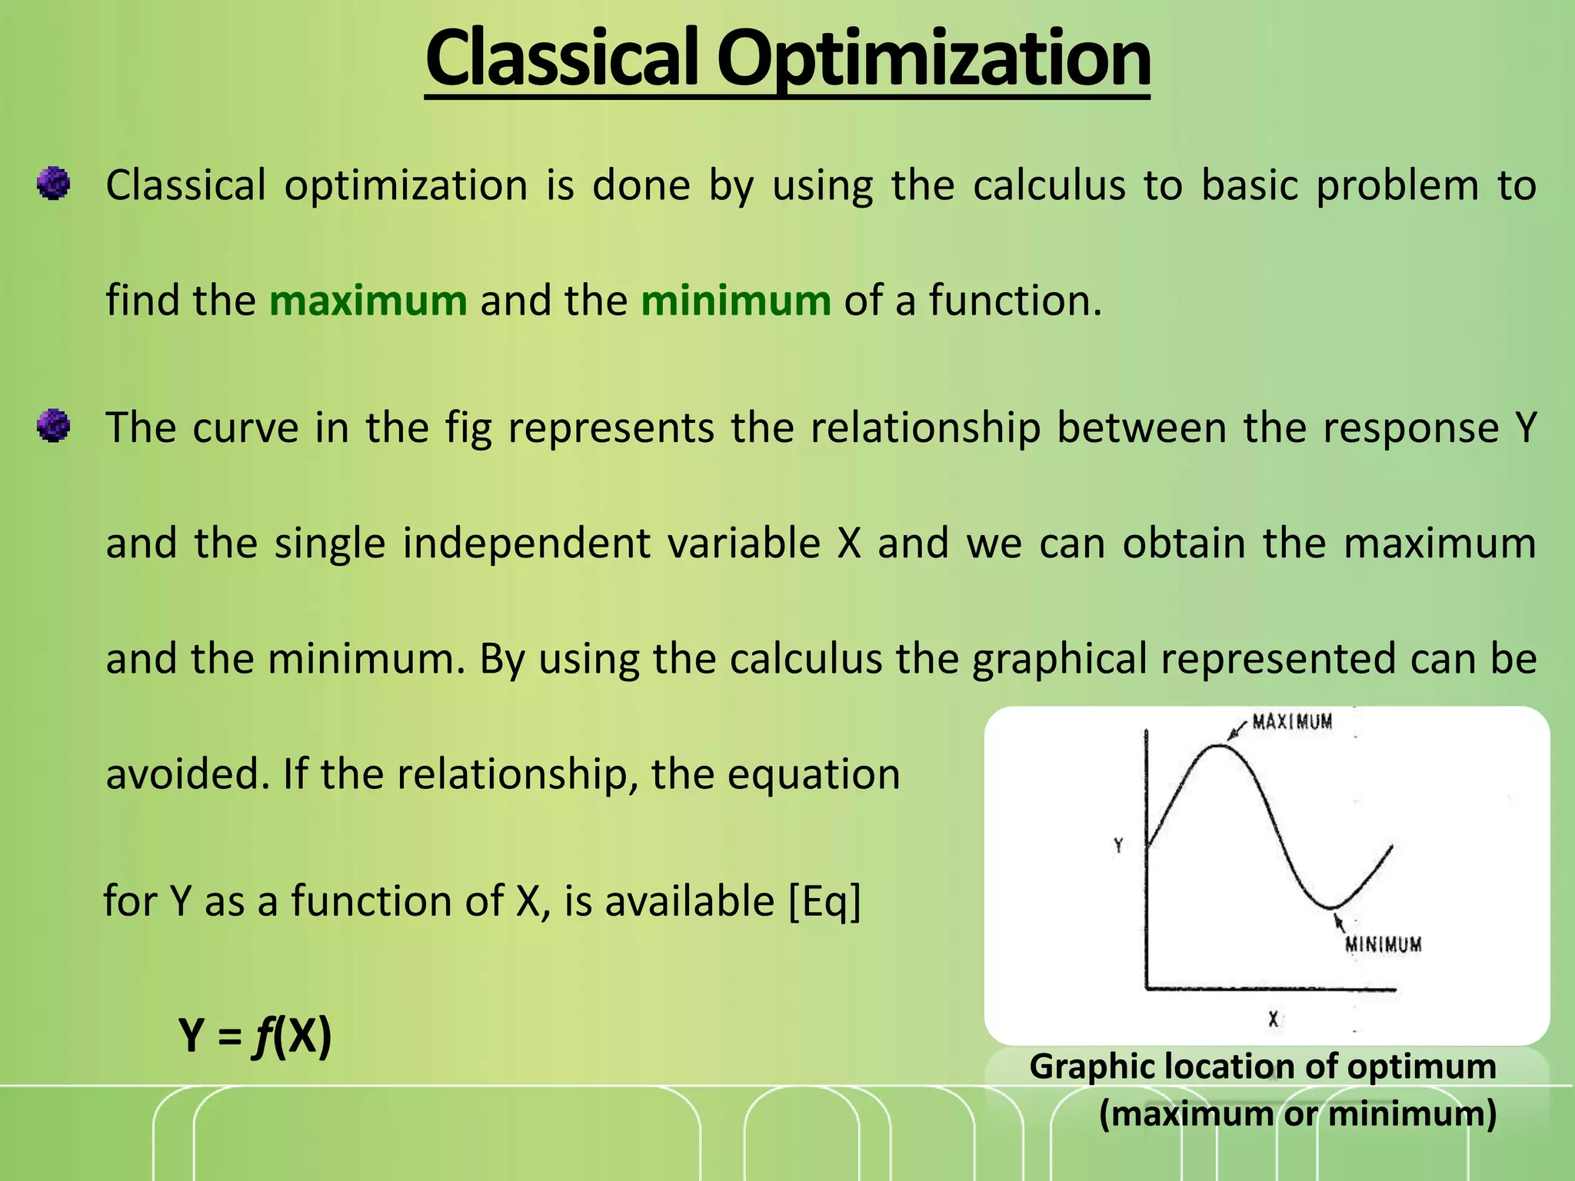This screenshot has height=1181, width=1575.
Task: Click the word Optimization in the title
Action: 934,58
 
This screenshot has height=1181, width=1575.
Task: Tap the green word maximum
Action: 368,301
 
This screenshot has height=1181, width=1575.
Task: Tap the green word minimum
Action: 736,301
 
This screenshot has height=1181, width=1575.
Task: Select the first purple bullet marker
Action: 53,185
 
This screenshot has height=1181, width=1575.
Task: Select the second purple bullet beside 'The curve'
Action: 53,426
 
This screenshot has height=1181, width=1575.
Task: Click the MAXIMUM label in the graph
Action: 1292,722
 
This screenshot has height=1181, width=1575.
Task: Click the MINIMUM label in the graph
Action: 1383,944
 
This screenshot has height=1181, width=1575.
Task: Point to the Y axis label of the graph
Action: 1118,846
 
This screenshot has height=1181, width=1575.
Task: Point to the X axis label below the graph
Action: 1273,1020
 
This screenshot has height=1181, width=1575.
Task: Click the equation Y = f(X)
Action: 255,1036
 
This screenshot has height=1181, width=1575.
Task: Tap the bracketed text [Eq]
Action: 824,901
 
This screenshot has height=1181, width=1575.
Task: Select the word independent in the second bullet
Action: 527,544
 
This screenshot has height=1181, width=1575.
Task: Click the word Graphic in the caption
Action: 1091,1067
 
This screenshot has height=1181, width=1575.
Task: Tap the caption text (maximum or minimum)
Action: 1297,1113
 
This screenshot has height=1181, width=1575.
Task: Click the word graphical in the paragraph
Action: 1060,659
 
